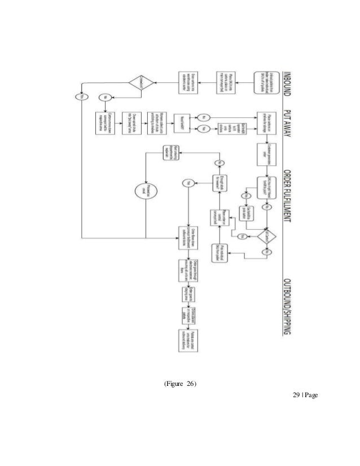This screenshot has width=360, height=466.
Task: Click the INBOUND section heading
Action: pyautogui.click(x=286, y=79)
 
